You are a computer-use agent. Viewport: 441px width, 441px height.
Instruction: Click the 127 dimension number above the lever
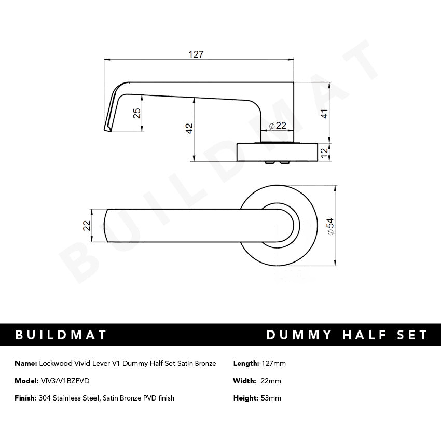tap(196, 54)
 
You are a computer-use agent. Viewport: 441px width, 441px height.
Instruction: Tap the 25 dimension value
tap(137, 113)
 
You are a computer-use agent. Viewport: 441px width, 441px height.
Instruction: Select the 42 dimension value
tap(189, 128)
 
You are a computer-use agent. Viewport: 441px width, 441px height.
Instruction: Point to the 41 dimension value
tap(324, 114)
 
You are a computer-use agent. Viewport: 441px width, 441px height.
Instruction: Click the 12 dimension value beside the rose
tap(324, 153)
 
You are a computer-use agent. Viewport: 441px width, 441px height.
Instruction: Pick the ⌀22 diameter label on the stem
tap(278, 126)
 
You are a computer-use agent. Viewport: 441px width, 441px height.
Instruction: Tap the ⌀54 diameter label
tap(330, 226)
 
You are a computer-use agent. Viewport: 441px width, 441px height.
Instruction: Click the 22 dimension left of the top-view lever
tap(87, 226)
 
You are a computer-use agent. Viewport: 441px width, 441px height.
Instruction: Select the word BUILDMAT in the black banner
tap(61, 335)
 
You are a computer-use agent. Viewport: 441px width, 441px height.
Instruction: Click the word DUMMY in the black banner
tap(299, 335)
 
